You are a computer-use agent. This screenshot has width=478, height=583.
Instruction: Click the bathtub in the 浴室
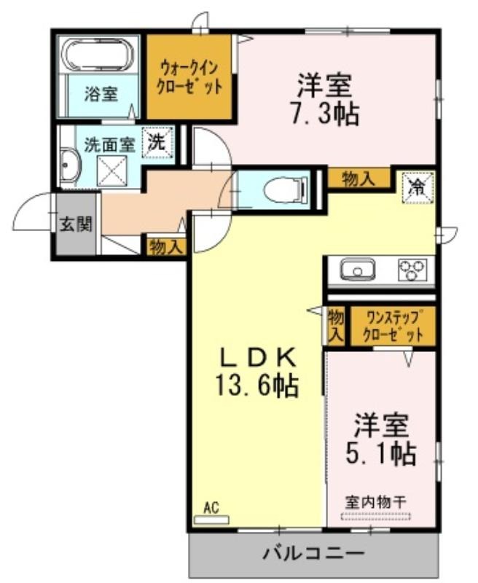coord(98,54)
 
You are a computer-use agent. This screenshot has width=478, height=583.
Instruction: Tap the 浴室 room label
coord(101,94)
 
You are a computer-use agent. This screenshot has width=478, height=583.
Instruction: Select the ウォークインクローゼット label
coord(189,78)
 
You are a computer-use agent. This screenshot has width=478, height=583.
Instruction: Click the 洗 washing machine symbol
coord(157,142)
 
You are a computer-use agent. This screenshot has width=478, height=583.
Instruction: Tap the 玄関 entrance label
coord(76,224)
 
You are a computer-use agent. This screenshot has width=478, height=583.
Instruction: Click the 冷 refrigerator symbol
coord(418,187)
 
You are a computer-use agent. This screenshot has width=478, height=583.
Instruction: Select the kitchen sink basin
coord(358,270)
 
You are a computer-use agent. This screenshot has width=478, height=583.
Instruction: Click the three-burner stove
coord(412,270)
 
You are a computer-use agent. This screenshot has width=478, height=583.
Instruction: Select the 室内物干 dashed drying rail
coord(376,516)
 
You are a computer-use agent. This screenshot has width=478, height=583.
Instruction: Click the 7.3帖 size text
coord(324,114)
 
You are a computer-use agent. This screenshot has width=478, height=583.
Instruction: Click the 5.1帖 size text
coord(380,453)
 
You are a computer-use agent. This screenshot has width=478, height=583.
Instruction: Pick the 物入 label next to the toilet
coord(358,179)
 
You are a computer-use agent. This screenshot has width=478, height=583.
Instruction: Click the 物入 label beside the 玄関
coord(166,247)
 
